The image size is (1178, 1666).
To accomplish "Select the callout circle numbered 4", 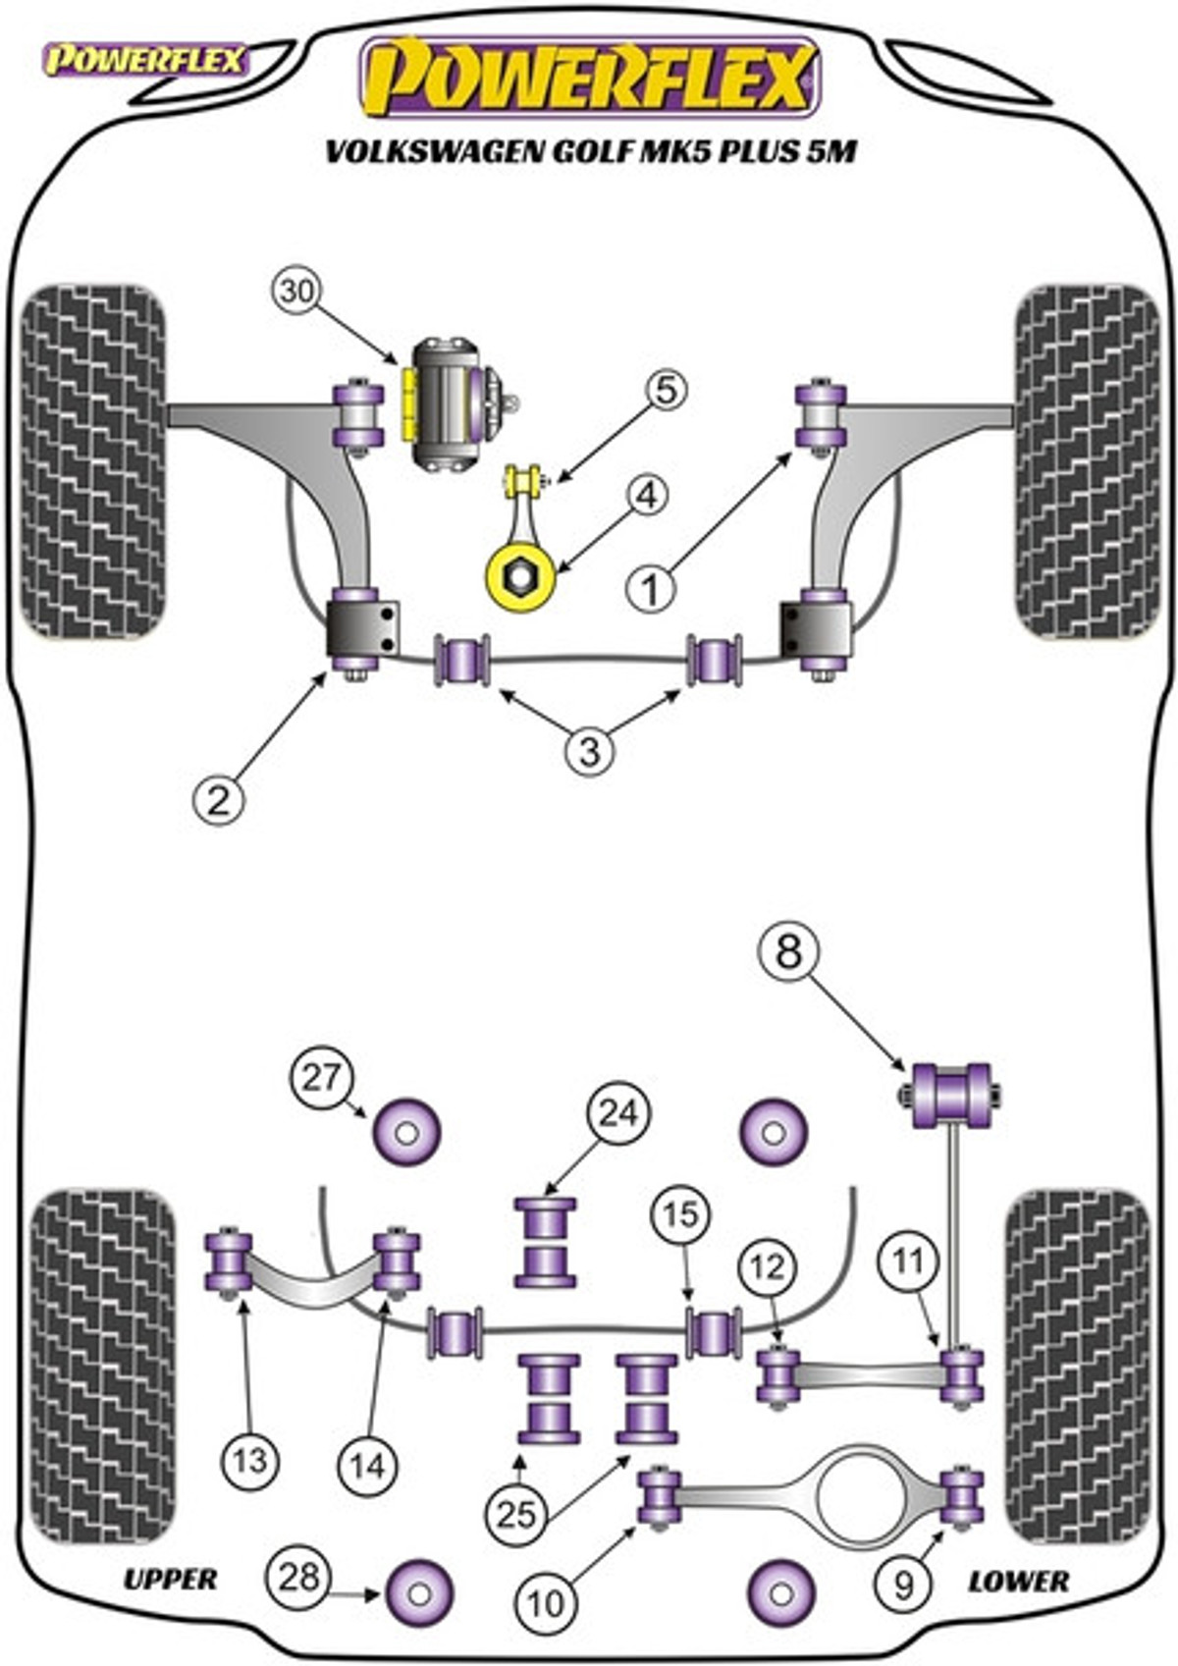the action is click(x=647, y=496).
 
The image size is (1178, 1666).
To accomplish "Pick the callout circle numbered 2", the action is click(x=219, y=802).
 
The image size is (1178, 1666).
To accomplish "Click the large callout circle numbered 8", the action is click(x=788, y=952).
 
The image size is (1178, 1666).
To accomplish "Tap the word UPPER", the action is click(x=170, y=1579).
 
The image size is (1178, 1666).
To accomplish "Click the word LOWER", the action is click(x=1018, y=1581).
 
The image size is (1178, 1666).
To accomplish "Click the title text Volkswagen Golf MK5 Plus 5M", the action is click(x=591, y=152).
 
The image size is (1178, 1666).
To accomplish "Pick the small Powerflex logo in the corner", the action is click(x=145, y=61).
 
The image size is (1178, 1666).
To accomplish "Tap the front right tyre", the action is click(x=1088, y=462).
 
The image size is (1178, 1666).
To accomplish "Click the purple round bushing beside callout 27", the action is click(x=406, y=1132).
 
